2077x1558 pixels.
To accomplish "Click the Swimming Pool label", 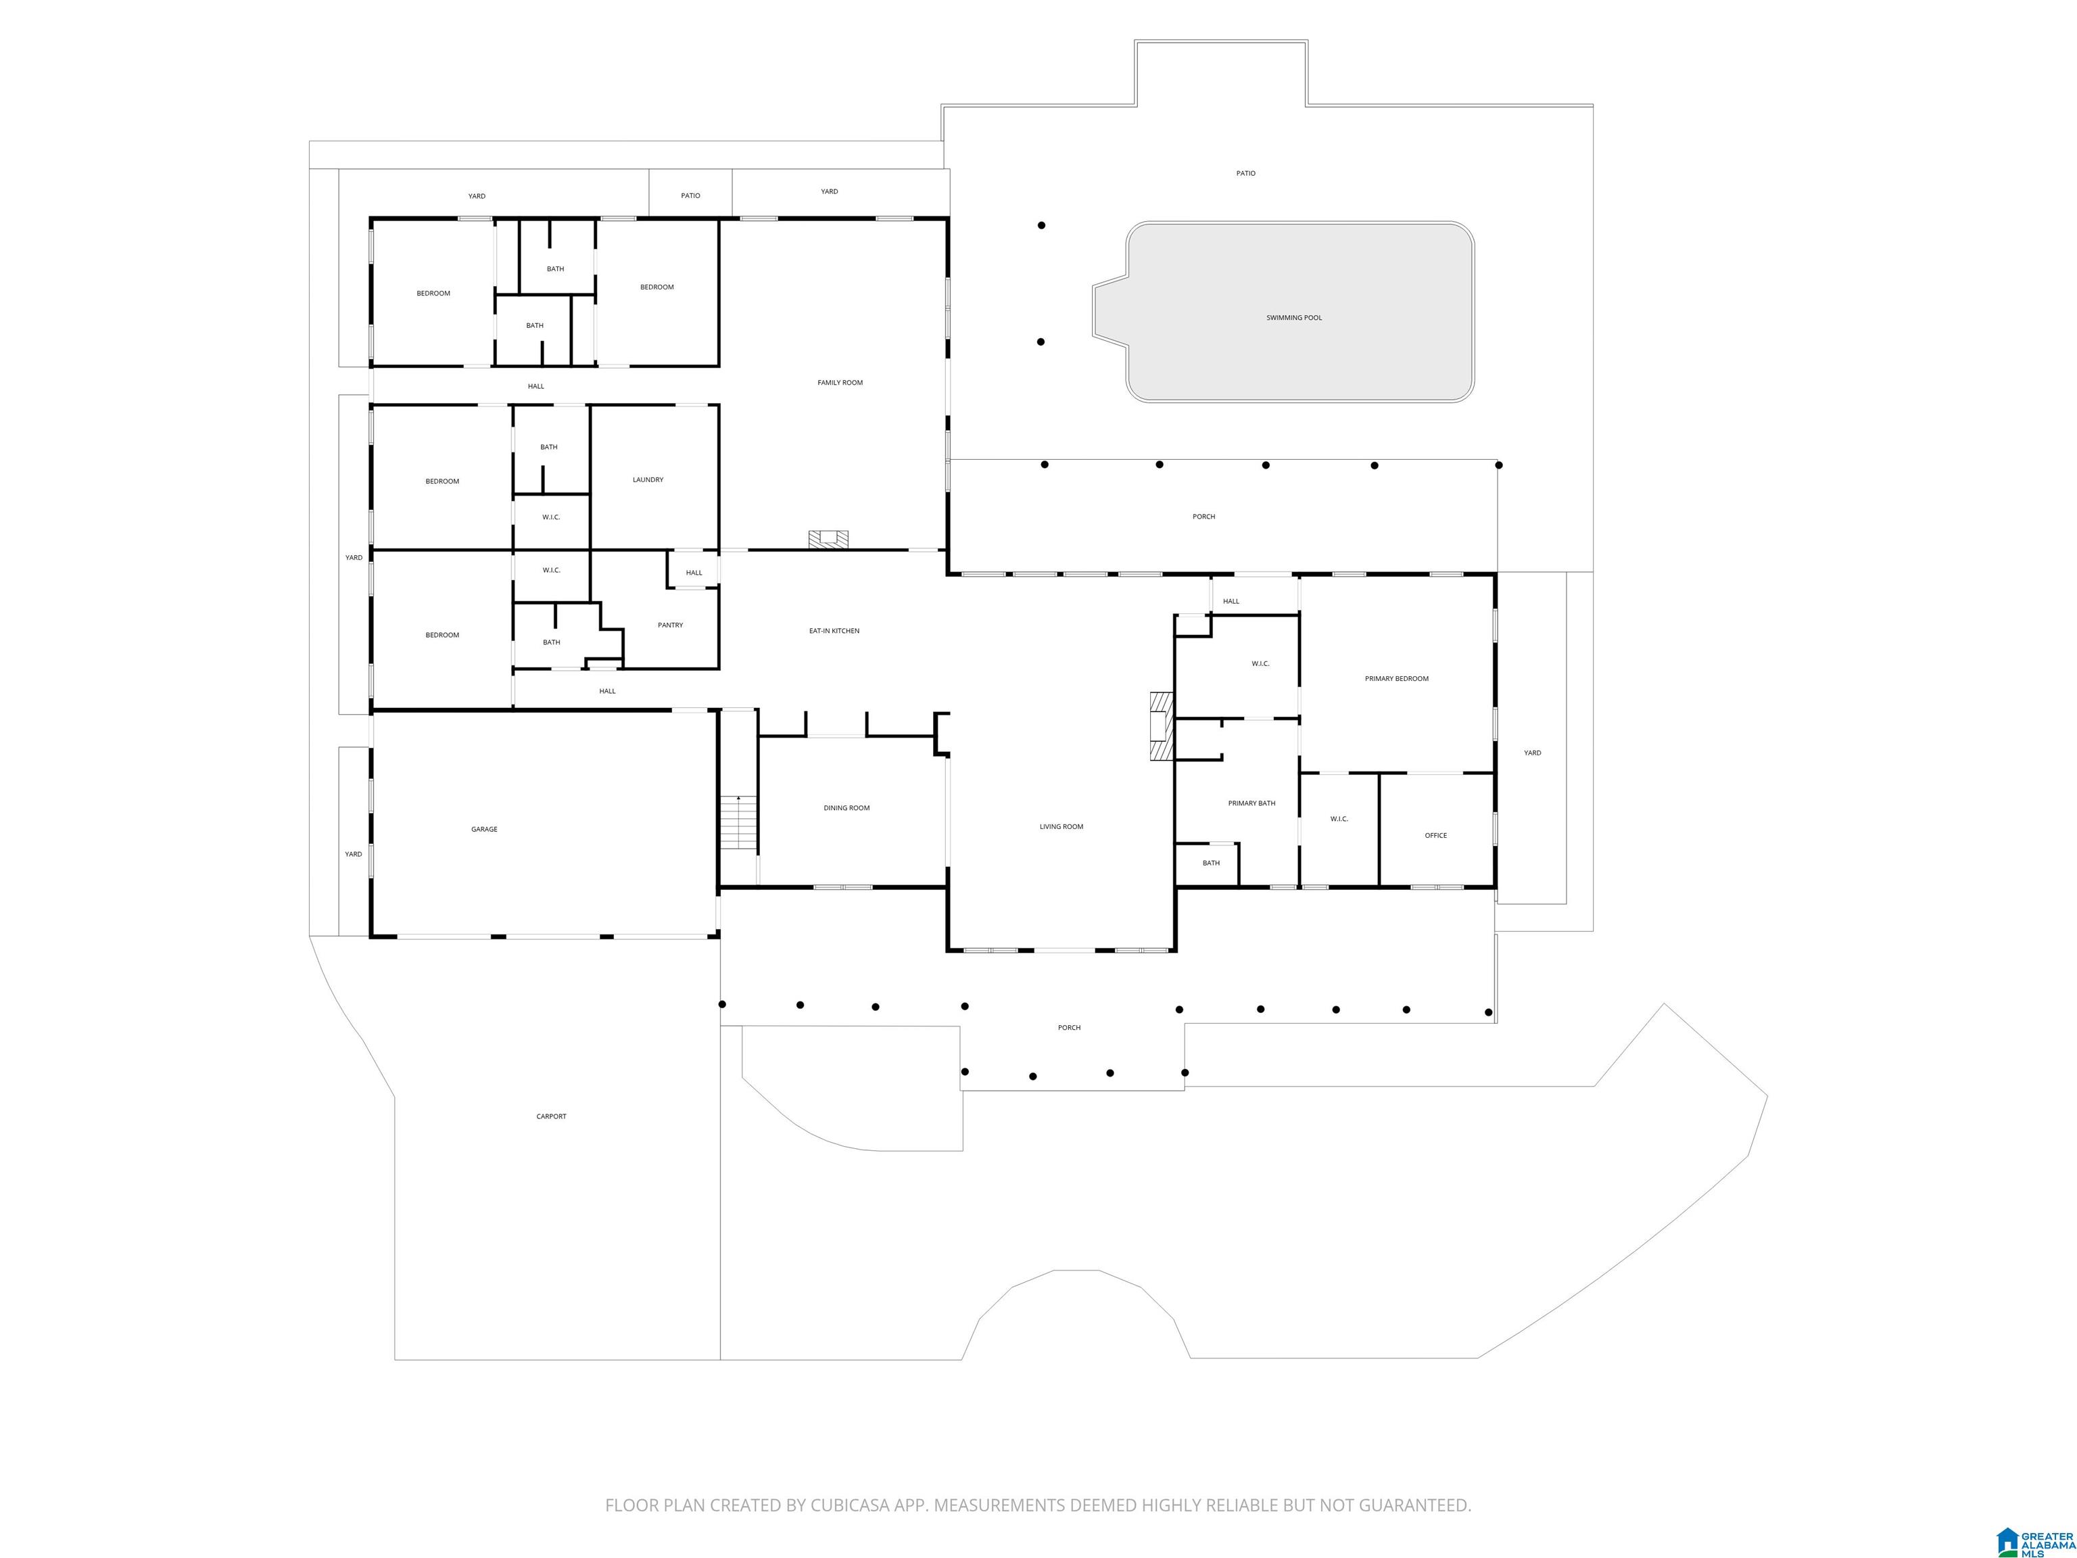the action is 1294,317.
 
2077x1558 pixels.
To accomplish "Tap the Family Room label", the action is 840,382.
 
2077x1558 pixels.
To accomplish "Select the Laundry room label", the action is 648,480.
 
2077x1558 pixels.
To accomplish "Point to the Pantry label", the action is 671,625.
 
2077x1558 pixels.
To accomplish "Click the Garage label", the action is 485,829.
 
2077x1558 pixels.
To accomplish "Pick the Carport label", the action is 551,1116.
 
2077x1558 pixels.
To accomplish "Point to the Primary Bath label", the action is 1251,803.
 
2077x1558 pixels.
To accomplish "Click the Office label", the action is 1435,835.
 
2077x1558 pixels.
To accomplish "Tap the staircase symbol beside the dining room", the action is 739,823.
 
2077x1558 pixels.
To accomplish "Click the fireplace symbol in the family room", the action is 828,539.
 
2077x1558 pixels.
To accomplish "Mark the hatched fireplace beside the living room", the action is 1162,726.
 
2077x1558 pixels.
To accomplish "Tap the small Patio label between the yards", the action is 690,195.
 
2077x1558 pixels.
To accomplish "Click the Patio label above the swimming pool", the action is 1245,173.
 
